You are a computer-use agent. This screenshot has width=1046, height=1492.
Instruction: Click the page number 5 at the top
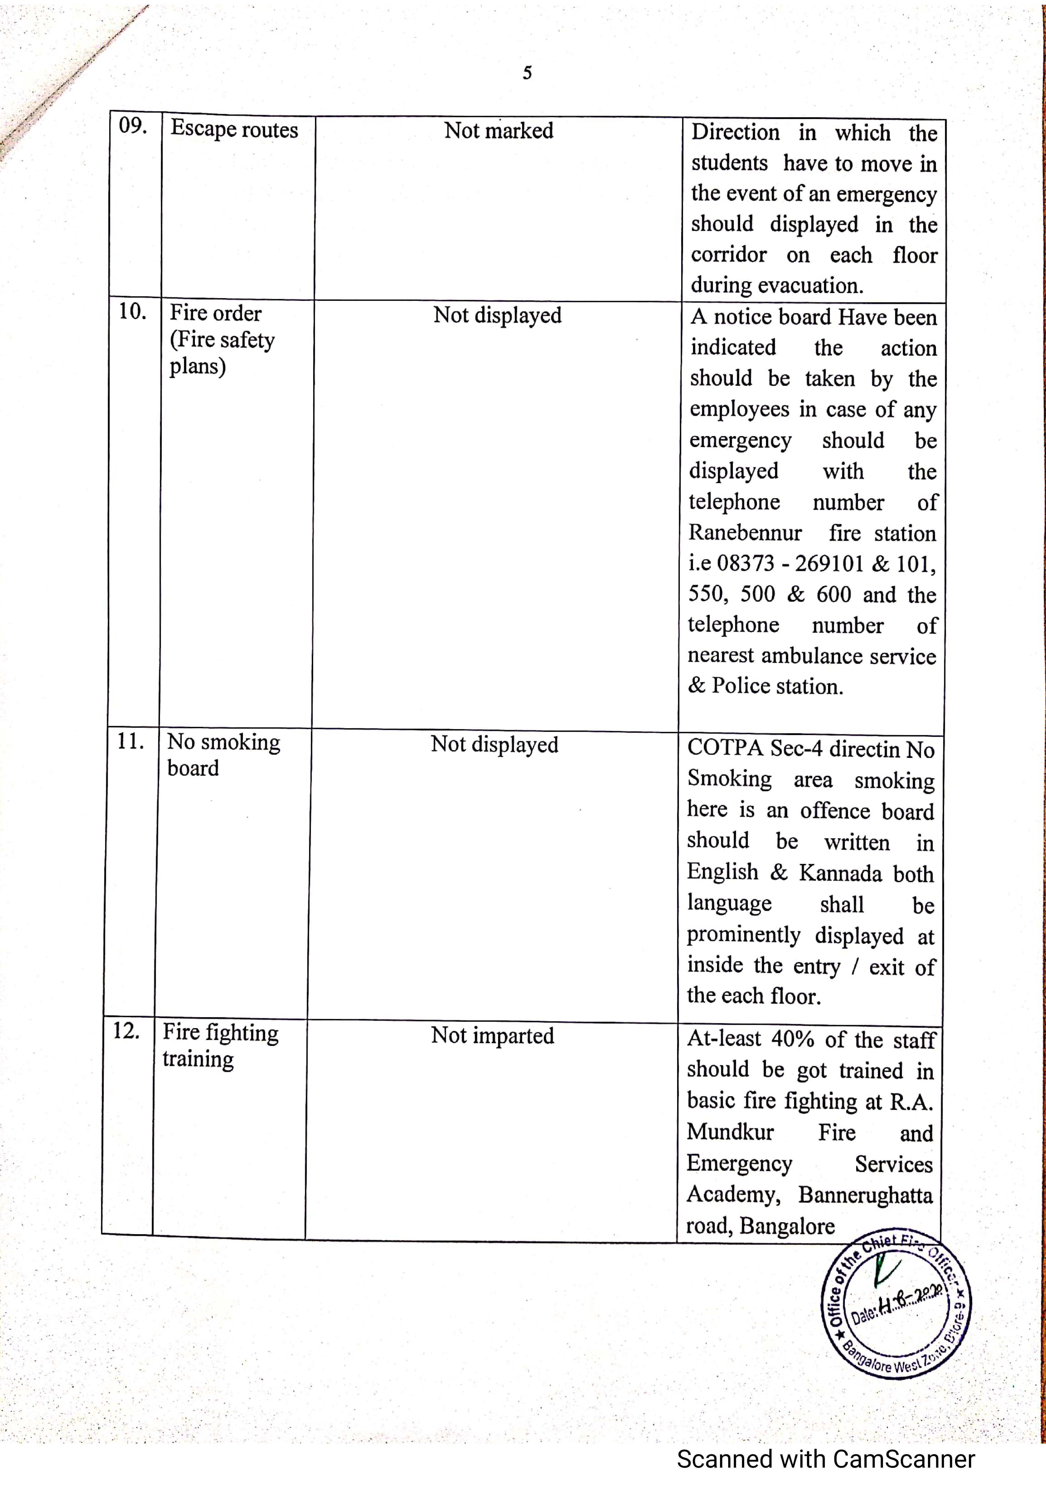527,73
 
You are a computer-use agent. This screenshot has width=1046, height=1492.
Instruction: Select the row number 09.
133,125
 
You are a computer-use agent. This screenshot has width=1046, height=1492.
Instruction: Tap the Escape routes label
234,129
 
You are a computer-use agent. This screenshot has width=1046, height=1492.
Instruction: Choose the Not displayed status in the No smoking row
494,744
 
